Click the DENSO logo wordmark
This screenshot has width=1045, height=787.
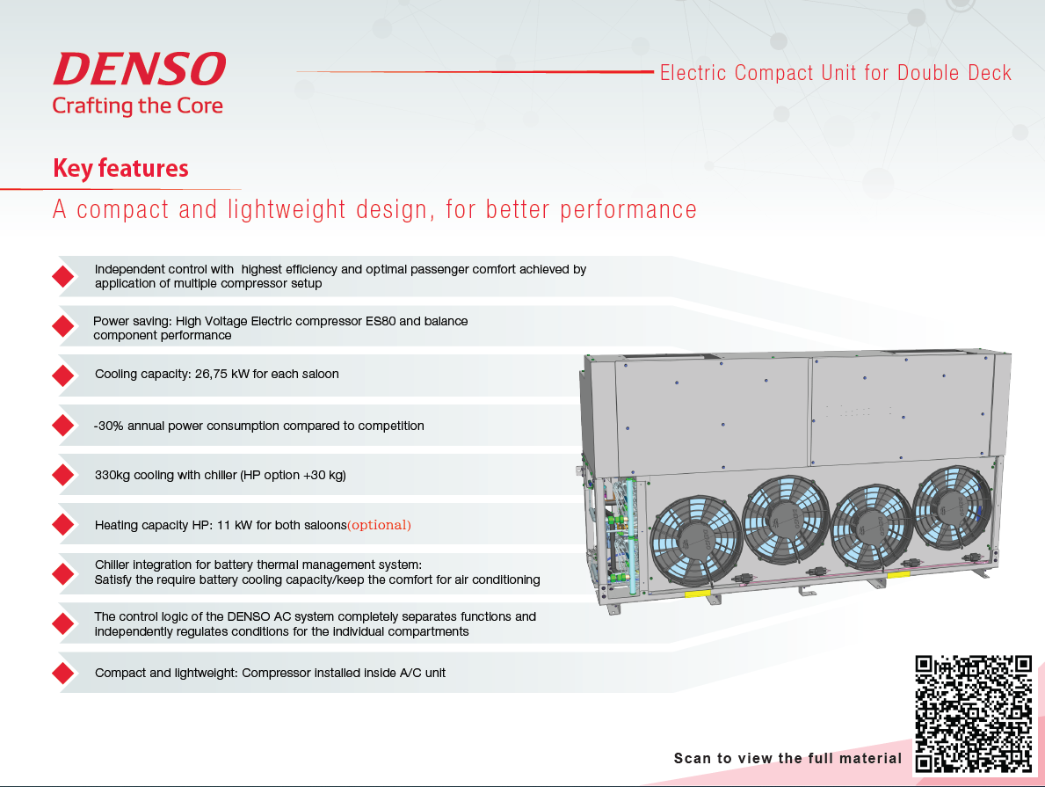click(x=139, y=69)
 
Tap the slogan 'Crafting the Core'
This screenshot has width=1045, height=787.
click(x=137, y=106)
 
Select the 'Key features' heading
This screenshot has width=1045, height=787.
click(x=120, y=169)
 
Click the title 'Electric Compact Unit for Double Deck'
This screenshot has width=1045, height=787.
click(x=836, y=73)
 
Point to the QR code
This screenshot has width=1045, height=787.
click(x=973, y=713)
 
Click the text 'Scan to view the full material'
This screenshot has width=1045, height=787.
click(x=787, y=758)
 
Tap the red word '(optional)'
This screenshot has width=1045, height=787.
click(x=380, y=525)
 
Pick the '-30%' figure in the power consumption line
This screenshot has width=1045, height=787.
click(x=108, y=426)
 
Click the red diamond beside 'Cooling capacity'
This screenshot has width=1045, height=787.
click(x=62, y=375)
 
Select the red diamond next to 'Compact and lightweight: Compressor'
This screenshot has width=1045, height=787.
click(x=62, y=674)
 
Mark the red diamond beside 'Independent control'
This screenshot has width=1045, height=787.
click(x=62, y=276)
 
